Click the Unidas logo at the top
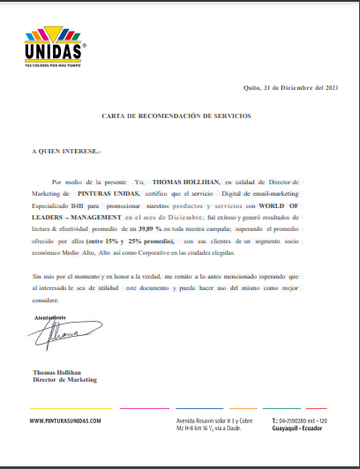click(54, 49)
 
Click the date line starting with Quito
click(289, 88)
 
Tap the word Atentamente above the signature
click(50, 316)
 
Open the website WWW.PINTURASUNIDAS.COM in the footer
click(66, 421)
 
